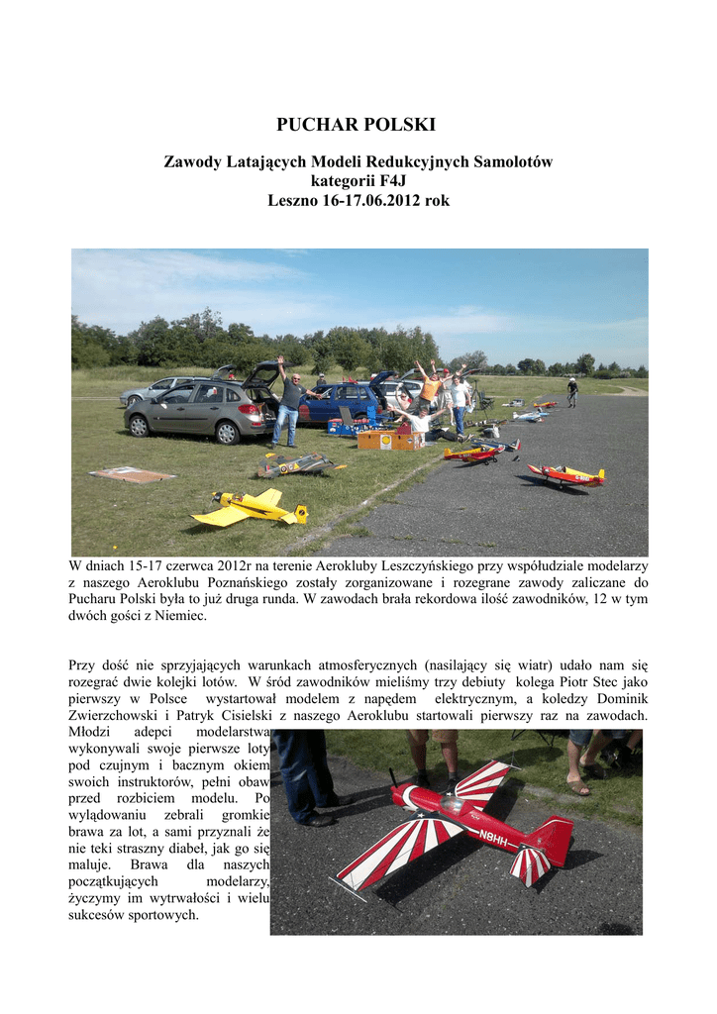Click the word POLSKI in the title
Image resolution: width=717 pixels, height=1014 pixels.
pos(400,126)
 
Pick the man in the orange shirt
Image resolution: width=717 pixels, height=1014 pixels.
pos(430,388)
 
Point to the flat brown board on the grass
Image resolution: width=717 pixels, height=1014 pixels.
pos(132,475)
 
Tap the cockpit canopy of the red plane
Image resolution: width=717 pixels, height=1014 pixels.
pos(448,808)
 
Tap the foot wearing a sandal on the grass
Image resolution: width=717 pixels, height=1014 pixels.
pos(578,788)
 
